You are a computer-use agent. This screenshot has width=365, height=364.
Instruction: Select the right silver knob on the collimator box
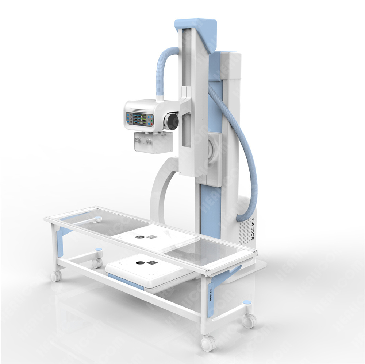pyautogui.click(x=149, y=141)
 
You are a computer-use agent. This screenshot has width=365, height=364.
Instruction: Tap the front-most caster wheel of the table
pyautogui.click(x=209, y=343)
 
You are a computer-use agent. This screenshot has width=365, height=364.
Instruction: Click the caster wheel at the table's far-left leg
pyautogui.click(x=56, y=276)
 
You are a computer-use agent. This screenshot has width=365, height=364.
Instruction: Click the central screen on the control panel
pyautogui.click(x=140, y=119)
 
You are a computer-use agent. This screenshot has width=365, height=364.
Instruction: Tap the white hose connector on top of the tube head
pyautogui.click(x=160, y=98)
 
